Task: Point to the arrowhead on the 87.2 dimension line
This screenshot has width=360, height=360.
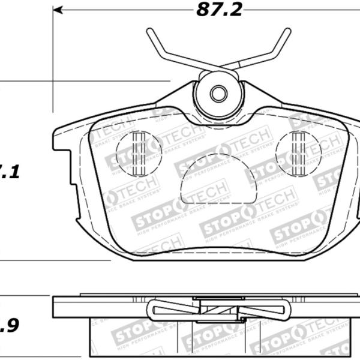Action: click(x=58, y=10)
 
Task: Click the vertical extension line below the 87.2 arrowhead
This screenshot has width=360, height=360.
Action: click(x=53, y=60)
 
